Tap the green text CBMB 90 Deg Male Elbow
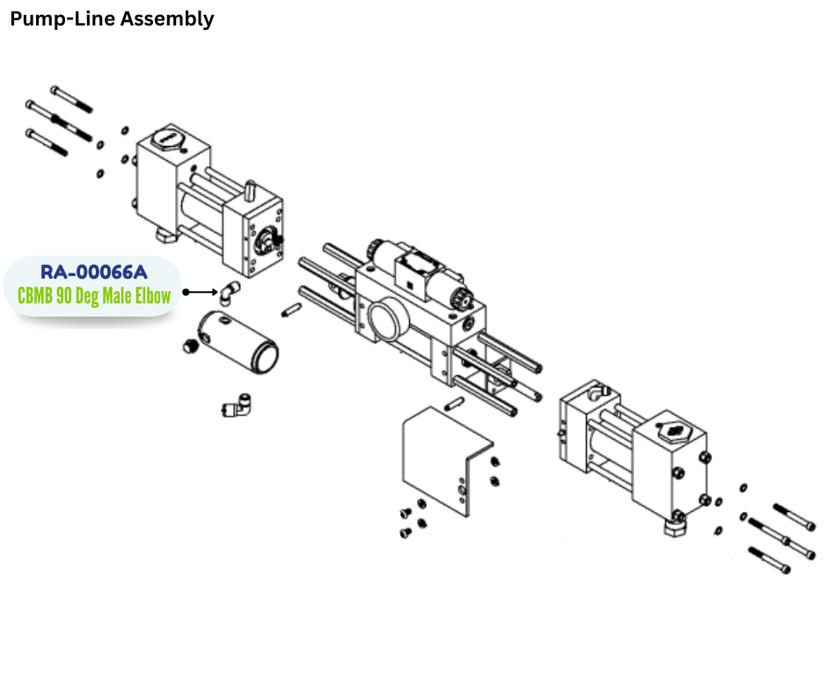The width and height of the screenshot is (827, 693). tap(94, 295)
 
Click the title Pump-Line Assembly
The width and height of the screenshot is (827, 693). tap(112, 18)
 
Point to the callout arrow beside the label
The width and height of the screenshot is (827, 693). tap(202, 291)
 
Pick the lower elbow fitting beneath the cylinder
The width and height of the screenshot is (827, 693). tap(237, 405)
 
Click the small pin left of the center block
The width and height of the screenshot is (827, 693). tap(293, 310)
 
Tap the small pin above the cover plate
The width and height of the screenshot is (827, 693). tap(454, 404)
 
